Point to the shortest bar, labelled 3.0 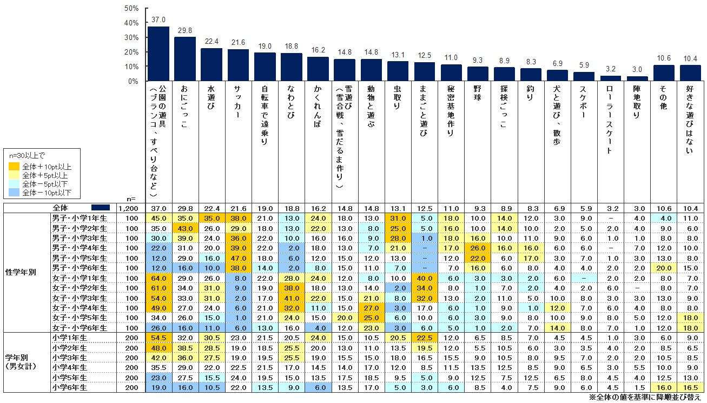[637, 79]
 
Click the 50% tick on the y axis [131, 9]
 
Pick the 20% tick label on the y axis [131, 52]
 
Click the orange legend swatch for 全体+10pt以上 [14, 167]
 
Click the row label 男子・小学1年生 [80, 218]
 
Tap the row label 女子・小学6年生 [80, 327]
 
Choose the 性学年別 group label [21, 272]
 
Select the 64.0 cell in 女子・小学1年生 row [158, 278]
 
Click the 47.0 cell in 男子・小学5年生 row [238, 257]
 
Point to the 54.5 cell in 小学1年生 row [158, 337]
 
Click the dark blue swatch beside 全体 [101, 208]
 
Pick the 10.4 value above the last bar [690, 58]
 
